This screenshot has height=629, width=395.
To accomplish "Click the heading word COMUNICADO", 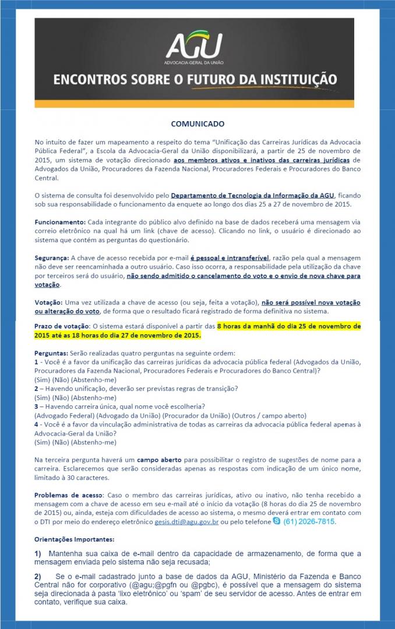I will click(197, 124).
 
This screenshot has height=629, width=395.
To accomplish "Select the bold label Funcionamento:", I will click(60, 222).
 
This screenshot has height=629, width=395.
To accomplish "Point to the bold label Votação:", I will click(50, 302).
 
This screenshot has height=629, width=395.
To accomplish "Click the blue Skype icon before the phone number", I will click(276, 521).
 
